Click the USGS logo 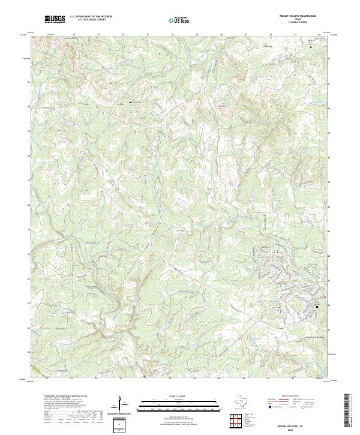coord(55,19)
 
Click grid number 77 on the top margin coord(148,35)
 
